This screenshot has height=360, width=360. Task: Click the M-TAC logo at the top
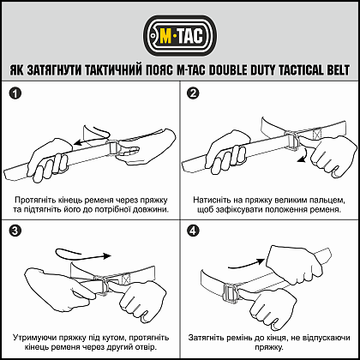coord(180,37)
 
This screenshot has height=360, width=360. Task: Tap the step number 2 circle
coord(193,93)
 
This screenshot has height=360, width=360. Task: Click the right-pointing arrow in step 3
coord(84,254)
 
